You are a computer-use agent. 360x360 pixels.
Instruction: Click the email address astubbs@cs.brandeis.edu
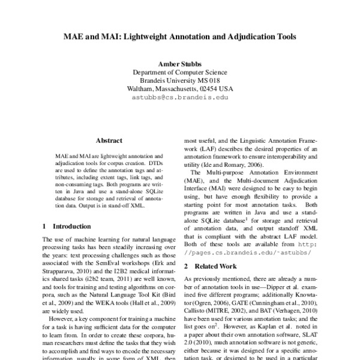(180, 97)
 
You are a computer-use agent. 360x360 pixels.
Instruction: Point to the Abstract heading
(109, 139)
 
